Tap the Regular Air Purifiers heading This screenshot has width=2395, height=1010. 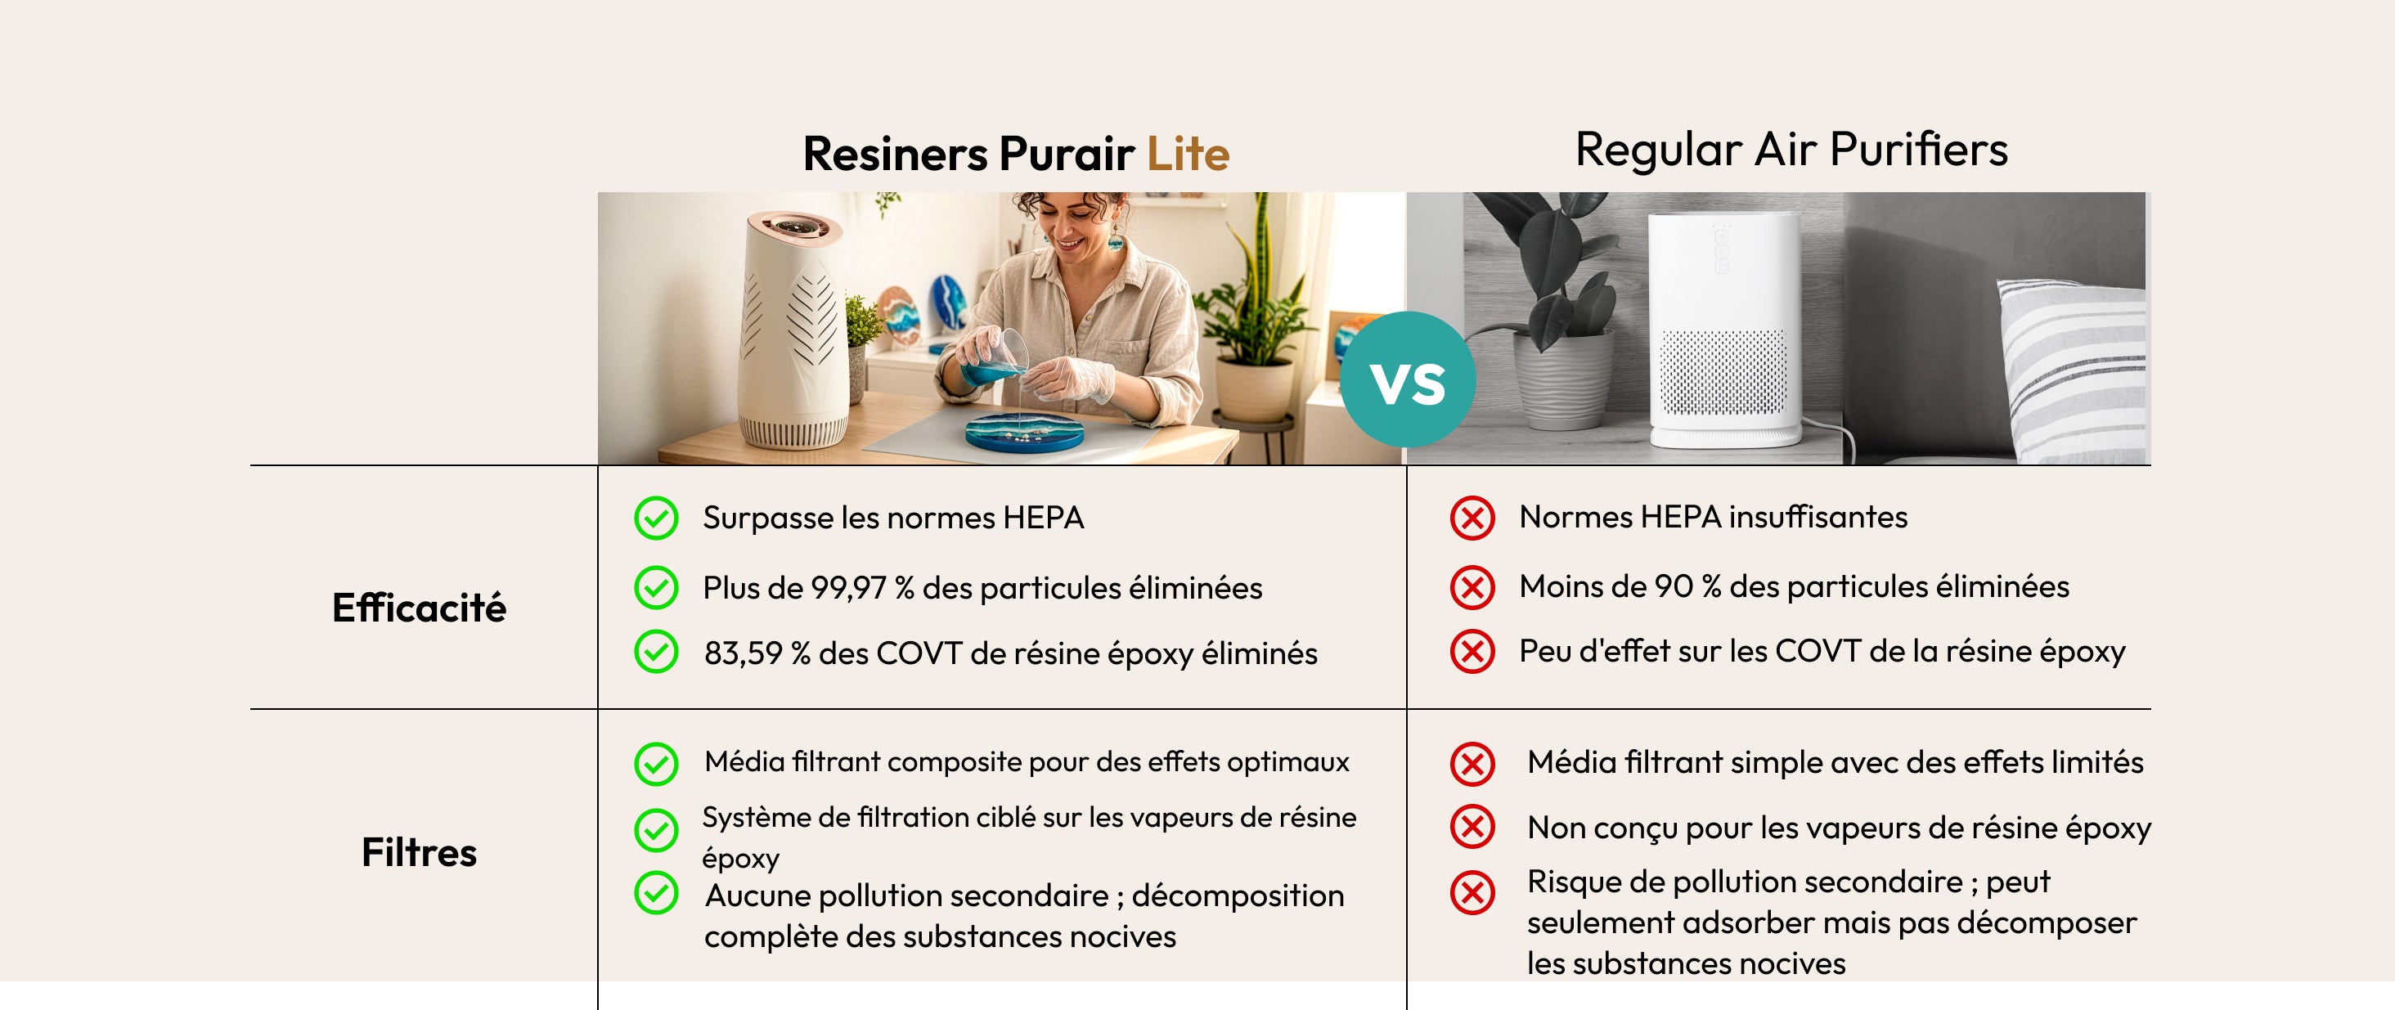pos(1791,150)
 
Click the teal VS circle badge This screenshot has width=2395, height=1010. pos(1408,379)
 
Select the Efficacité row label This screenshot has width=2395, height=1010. pos(420,608)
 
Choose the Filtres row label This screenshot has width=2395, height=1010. pos(420,852)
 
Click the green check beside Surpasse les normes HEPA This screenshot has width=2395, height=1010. pos(656,518)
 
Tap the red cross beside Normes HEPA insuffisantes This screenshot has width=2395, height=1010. pos(1472,518)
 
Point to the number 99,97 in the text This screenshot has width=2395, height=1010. pos(848,588)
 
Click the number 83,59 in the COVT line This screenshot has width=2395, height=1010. pos(743,653)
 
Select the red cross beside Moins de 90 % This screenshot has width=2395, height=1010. pos(1472,587)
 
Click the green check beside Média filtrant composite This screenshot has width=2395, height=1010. pos(656,765)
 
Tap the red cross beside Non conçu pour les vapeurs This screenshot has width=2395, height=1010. pos(1472,827)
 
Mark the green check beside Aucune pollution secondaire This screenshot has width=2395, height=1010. pos(656,893)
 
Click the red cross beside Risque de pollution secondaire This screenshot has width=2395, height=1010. pos(1472,893)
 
